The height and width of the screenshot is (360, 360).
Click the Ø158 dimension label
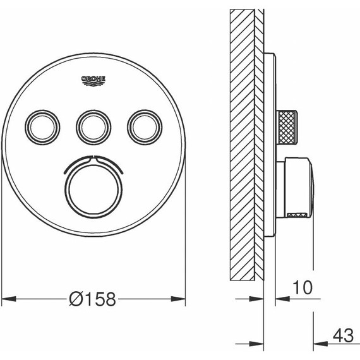93,299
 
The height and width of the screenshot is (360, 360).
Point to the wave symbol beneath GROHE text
93,84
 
